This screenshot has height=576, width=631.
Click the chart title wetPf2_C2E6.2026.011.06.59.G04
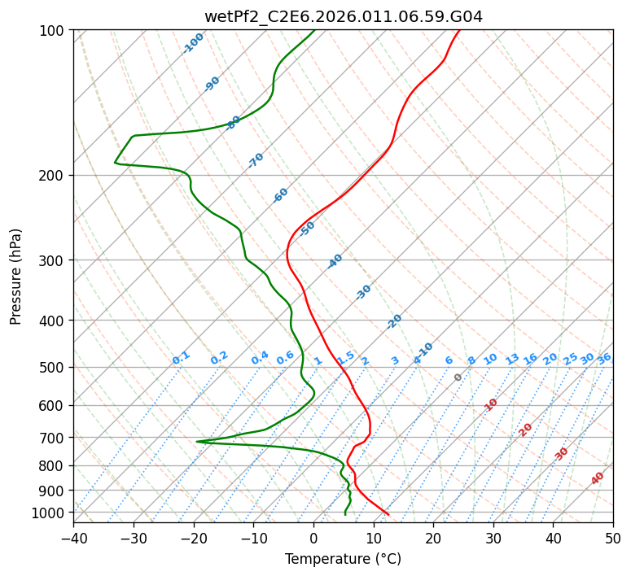pos(343,16)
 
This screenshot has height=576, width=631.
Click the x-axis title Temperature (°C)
pos(343,559)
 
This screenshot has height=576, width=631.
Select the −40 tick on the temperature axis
pos(73,538)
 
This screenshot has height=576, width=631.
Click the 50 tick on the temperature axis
pos(613,538)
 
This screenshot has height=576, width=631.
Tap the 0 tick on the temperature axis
pos(313,538)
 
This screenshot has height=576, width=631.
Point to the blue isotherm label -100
pos(193,43)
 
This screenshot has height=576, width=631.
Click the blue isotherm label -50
pos(307,229)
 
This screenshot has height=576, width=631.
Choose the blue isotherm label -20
pos(394,321)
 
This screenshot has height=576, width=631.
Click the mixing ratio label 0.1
pos(181,358)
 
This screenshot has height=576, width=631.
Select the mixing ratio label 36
pos(604,358)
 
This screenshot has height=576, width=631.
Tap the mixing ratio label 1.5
pos(345,358)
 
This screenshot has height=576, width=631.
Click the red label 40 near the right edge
pos(598,478)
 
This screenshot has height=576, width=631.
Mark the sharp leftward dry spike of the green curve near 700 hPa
pos(198,441)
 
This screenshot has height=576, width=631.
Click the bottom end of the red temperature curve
pos(388,514)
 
